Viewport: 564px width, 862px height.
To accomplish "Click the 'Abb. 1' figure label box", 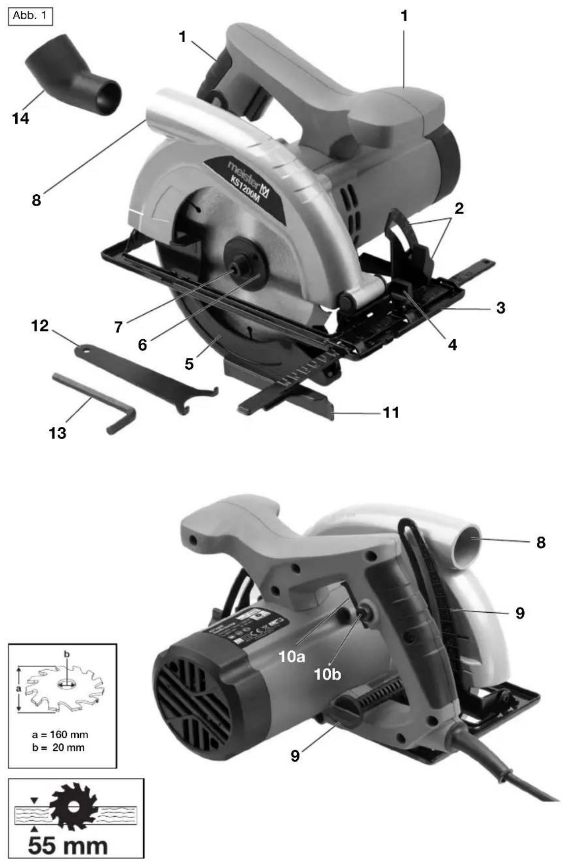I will point(31,16).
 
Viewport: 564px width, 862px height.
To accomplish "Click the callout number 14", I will point(20,119).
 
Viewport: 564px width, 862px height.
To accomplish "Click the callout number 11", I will point(391,412).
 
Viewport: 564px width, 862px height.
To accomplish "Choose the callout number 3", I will point(500,308).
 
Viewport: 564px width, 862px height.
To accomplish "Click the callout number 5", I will point(189,364).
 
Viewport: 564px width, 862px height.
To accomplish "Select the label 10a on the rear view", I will point(291,656).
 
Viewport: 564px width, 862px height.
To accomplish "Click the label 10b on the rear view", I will point(327,674).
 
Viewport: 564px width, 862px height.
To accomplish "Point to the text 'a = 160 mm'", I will point(60,735).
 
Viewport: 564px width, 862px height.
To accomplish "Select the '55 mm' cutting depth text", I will point(67,845).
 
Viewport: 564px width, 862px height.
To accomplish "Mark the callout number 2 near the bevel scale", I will point(459,208).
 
